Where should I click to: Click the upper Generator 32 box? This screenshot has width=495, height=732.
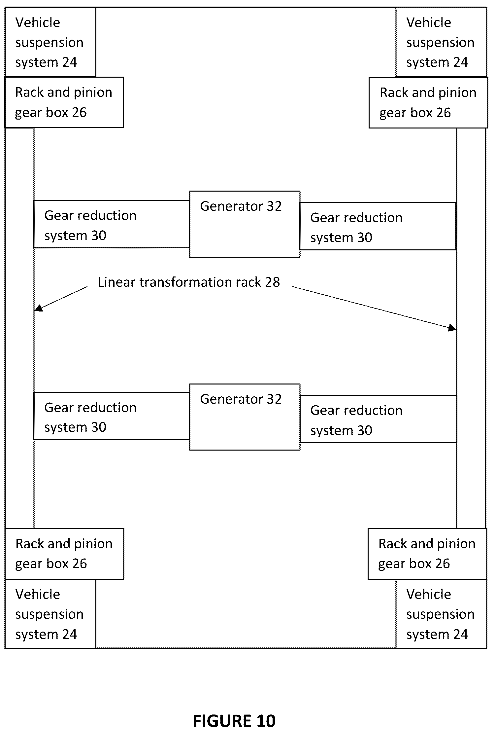(245, 224)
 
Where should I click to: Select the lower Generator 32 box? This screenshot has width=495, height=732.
(245, 417)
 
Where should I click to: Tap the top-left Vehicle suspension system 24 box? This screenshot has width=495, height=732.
(50, 42)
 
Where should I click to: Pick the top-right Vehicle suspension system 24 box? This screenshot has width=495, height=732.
(441, 42)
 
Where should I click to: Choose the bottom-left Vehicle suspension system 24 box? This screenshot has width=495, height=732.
(50, 614)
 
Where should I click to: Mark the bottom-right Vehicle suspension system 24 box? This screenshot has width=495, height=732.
(441, 614)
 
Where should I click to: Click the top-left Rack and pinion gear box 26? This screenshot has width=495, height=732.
(64, 102)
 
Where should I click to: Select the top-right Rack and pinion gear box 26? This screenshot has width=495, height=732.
(428, 103)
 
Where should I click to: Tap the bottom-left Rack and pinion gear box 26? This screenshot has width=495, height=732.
(64, 554)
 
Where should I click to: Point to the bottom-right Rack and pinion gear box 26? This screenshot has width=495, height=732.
(427, 554)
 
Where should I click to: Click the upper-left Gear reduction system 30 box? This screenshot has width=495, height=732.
(112, 224)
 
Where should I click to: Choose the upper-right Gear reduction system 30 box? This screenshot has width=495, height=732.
(378, 226)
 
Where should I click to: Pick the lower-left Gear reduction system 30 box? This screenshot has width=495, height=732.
(112, 416)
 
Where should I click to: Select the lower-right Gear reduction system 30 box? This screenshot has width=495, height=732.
(378, 419)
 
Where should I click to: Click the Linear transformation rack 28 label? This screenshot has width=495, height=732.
(189, 282)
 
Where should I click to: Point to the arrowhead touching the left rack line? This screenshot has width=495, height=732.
(39, 308)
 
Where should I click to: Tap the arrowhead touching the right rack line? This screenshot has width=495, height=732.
(452, 328)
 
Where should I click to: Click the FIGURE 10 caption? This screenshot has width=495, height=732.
(234, 721)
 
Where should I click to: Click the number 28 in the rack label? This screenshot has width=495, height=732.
(272, 282)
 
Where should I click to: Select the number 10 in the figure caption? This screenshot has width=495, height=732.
(265, 721)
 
